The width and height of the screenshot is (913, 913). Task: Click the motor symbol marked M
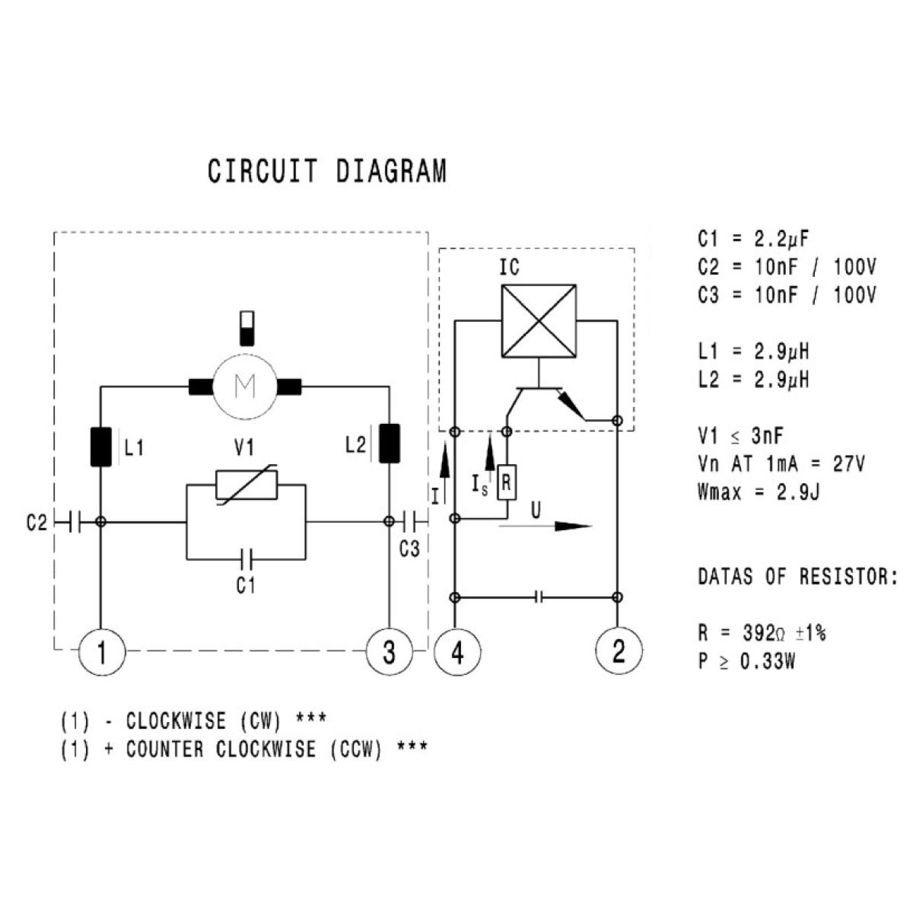point(244,387)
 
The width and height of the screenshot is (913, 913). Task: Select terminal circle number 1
point(101,651)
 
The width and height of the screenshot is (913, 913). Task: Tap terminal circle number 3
point(389,651)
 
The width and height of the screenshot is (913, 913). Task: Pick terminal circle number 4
point(457,651)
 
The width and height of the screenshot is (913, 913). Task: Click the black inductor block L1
point(101,447)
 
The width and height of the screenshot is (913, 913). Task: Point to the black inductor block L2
point(390,444)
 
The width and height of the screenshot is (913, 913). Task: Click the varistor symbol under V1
point(247,485)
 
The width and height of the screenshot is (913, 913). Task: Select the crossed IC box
point(539,321)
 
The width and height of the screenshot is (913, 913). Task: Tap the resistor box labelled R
point(507,482)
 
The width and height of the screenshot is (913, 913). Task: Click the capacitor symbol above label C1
point(247,559)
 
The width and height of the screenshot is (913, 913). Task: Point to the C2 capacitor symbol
point(75,522)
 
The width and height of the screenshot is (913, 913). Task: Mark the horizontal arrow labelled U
point(545,526)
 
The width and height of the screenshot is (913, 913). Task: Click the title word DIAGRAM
point(391,171)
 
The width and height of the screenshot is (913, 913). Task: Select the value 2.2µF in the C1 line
point(781,239)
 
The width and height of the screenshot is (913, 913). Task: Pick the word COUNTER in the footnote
point(165,749)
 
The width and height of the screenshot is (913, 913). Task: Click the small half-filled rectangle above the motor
point(247,329)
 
